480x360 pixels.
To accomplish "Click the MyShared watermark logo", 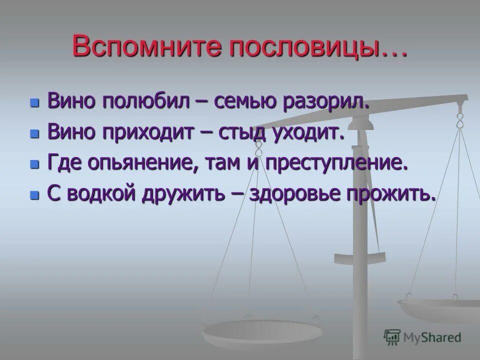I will pos(422,337).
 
